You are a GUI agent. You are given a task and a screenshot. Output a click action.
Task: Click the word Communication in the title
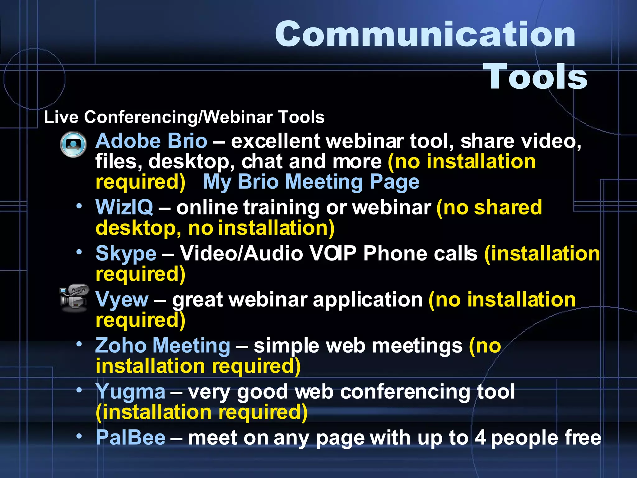click(425, 34)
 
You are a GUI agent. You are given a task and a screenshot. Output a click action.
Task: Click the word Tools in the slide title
click(535, 77)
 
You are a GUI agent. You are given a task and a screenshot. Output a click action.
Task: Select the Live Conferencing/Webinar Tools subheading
click(184, 117)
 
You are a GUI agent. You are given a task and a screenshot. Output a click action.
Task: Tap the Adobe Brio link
click(151, 141)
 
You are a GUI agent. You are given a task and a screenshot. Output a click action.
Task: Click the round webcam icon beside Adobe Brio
click(73, 144)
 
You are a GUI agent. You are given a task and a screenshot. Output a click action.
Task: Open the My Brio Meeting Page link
click(311, 182)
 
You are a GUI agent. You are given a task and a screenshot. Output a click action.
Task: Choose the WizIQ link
click(124, 207)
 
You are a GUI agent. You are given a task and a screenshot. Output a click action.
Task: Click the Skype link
click(126, 253)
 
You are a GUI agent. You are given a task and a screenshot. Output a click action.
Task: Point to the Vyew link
click(122, 299)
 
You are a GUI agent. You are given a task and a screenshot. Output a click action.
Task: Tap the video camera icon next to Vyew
click(74, 298)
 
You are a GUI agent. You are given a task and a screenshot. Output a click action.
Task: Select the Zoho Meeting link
click(163, 345)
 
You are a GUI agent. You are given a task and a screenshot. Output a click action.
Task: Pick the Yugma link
click(130, 391)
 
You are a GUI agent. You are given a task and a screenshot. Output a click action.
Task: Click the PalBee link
click(131, 438)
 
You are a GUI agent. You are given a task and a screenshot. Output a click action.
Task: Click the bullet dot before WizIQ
click(80, 206)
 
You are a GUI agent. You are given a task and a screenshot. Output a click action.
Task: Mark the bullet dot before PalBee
click(80, 436)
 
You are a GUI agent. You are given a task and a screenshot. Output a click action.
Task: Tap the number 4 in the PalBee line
click(480, 438)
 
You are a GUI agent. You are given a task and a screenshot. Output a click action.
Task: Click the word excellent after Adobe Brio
click(276, 141)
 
